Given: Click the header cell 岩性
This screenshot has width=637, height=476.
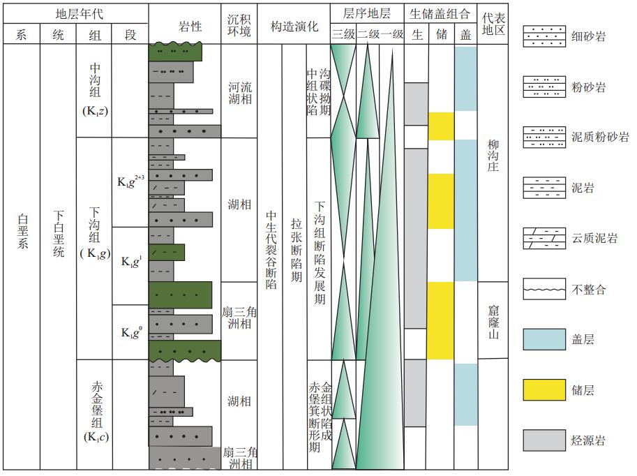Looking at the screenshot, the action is [190, 27].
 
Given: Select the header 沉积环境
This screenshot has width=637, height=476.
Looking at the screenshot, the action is [239, 25].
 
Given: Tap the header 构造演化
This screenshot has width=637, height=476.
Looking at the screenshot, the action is [294, 27].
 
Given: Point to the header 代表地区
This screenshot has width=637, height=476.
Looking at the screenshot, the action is [493, 24].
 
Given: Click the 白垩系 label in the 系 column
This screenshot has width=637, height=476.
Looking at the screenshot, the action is [22, 231].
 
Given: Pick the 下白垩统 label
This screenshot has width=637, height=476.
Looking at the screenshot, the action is [59, 234].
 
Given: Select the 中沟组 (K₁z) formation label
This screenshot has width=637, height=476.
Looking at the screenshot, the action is [95, 90].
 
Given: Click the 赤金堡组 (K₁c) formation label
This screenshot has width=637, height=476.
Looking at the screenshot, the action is [96, 411].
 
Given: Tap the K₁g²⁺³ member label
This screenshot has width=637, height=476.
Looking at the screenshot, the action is [130, 181].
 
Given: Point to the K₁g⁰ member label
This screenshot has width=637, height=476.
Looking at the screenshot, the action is [132, 332].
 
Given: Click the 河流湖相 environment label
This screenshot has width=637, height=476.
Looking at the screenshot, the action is [240, 93].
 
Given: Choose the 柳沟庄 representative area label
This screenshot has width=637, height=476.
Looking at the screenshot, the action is [493, 156].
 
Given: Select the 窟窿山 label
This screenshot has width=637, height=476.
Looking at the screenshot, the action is [493, 322].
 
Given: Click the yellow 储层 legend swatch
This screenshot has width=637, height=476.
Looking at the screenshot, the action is [544, 390].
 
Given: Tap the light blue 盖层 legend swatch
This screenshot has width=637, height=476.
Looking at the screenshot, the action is [544, 339].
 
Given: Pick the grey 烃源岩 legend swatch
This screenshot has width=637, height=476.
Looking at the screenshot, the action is [544, 440].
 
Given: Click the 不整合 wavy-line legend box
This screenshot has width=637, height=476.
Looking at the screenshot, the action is [544, 289].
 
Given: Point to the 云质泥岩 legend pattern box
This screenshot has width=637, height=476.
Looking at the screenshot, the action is [544, 238].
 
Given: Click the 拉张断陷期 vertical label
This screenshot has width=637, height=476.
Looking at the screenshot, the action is [296, 250].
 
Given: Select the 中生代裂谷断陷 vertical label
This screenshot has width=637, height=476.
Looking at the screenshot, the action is [271, 250].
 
